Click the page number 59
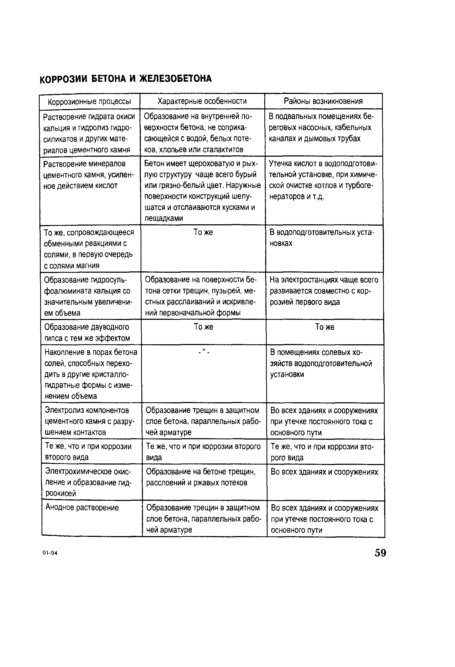coord(380,553)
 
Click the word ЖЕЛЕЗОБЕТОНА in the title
coord(175,78)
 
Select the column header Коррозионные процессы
coord(89,102)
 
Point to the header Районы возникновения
coord(323,101)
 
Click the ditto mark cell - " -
coord(204,352)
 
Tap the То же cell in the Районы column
coord(325,327)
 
